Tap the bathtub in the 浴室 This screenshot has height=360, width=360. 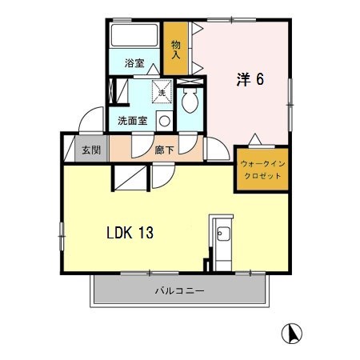click(x=134, y=35)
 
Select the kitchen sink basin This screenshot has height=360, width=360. click(x=223, y=234)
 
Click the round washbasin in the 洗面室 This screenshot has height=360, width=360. click(x=165, y=122)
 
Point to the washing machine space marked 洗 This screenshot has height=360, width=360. click(x=162, y=91)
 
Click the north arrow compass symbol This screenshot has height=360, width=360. click(x=292, y=334)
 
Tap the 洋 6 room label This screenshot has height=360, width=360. click(x=250, y=79)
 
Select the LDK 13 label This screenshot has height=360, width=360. click(x=130, y=233)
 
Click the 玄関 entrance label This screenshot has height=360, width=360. click(x=91, y=150)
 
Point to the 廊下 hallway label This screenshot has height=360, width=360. click(x=165, y=150)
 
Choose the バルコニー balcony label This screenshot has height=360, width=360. click(x=180, y=290)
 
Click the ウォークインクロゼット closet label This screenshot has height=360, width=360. click(x=262, y=170)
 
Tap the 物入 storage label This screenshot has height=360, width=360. click(x=176, y=50)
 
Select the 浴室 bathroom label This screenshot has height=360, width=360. click(x=134, y=63)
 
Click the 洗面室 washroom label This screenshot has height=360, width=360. click(x=133, y=121)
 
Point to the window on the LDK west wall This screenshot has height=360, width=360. click(x=62, y=236)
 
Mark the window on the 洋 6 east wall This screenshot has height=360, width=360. click(x=290, y=105)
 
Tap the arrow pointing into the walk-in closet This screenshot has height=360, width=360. click(x=255, y=139)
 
